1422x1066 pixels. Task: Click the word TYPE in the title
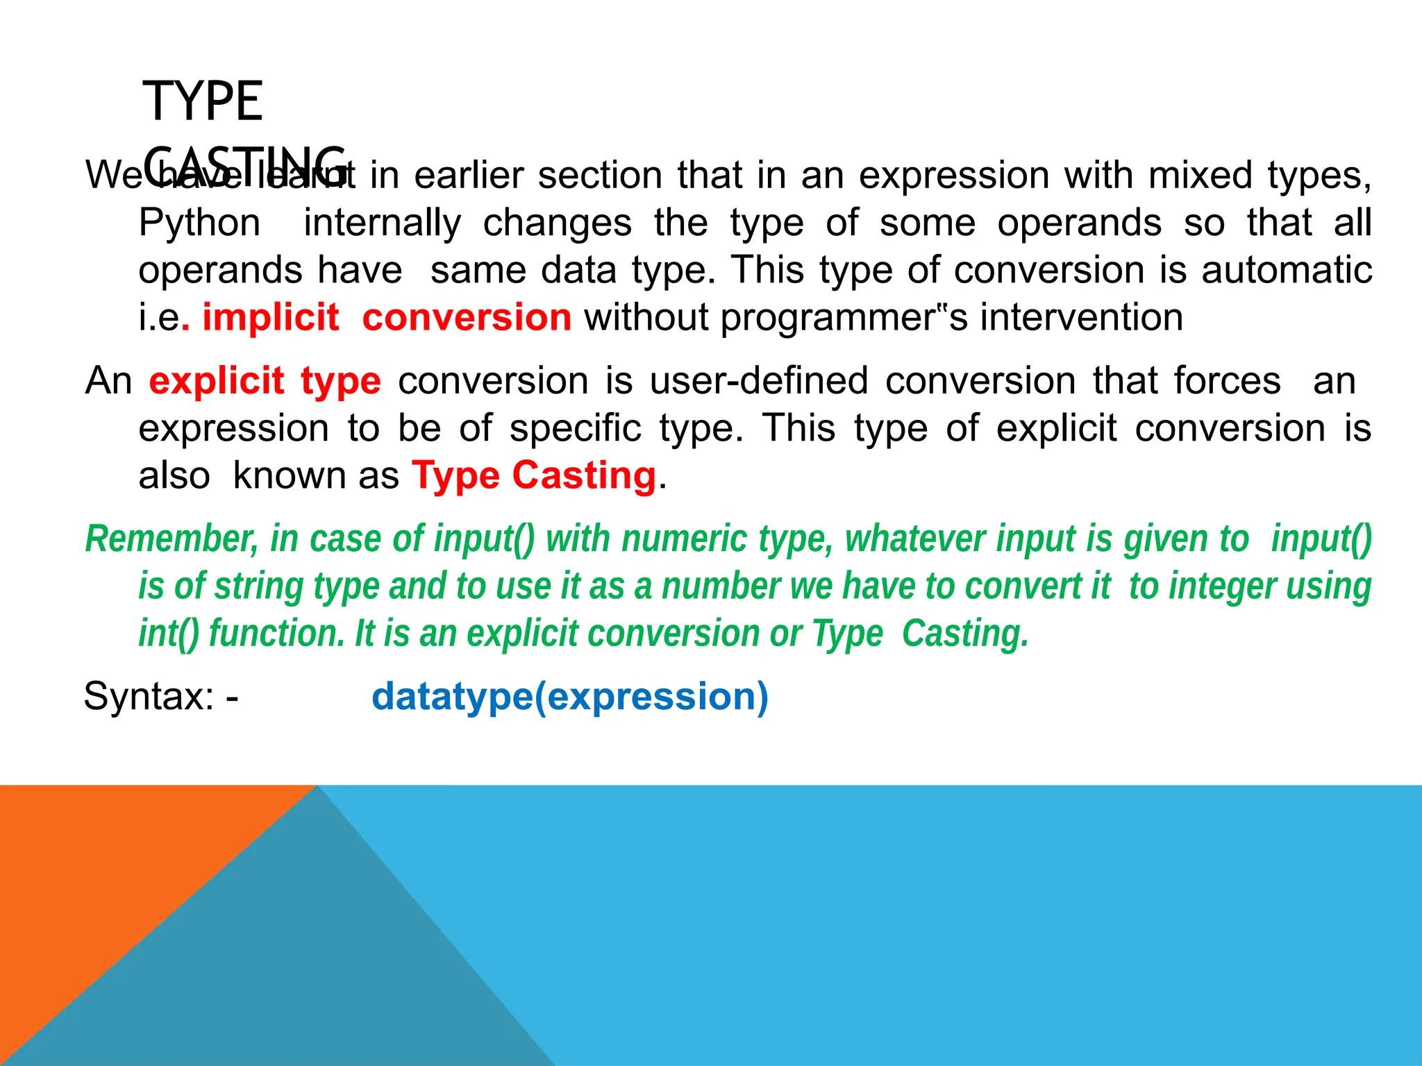click(203, 102)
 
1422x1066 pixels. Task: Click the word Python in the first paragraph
click(200, 223)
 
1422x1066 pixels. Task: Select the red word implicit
click(270, 318)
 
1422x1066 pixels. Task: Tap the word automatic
click(1286, 270)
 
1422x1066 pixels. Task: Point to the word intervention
click(1081, 318)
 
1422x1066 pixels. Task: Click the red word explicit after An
click(217, 381)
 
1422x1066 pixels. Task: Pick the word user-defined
click(759, 381)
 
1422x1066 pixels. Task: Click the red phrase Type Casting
click(534, 476)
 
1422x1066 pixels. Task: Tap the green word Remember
click(172, 539)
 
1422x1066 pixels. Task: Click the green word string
click(258, 586)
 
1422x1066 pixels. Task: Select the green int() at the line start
click(169, 634)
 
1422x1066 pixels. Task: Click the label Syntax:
click(149, 696)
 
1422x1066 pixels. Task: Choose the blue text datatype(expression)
click(570, 696)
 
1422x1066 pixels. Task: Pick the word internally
click(383, 223)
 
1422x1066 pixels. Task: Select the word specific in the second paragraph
click(575, 428)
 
